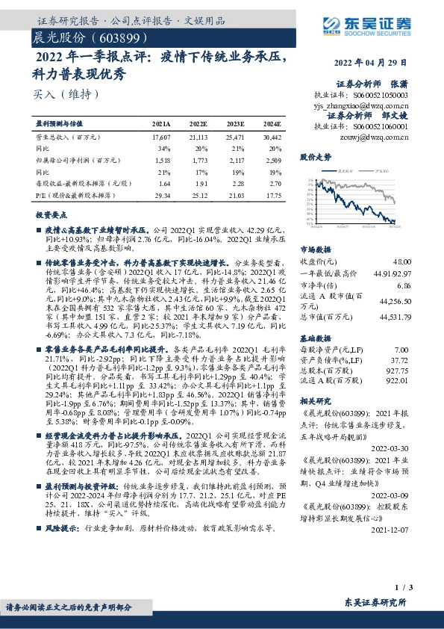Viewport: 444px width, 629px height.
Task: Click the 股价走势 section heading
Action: point(315,158)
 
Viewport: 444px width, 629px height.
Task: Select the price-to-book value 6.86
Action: point(404,286)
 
